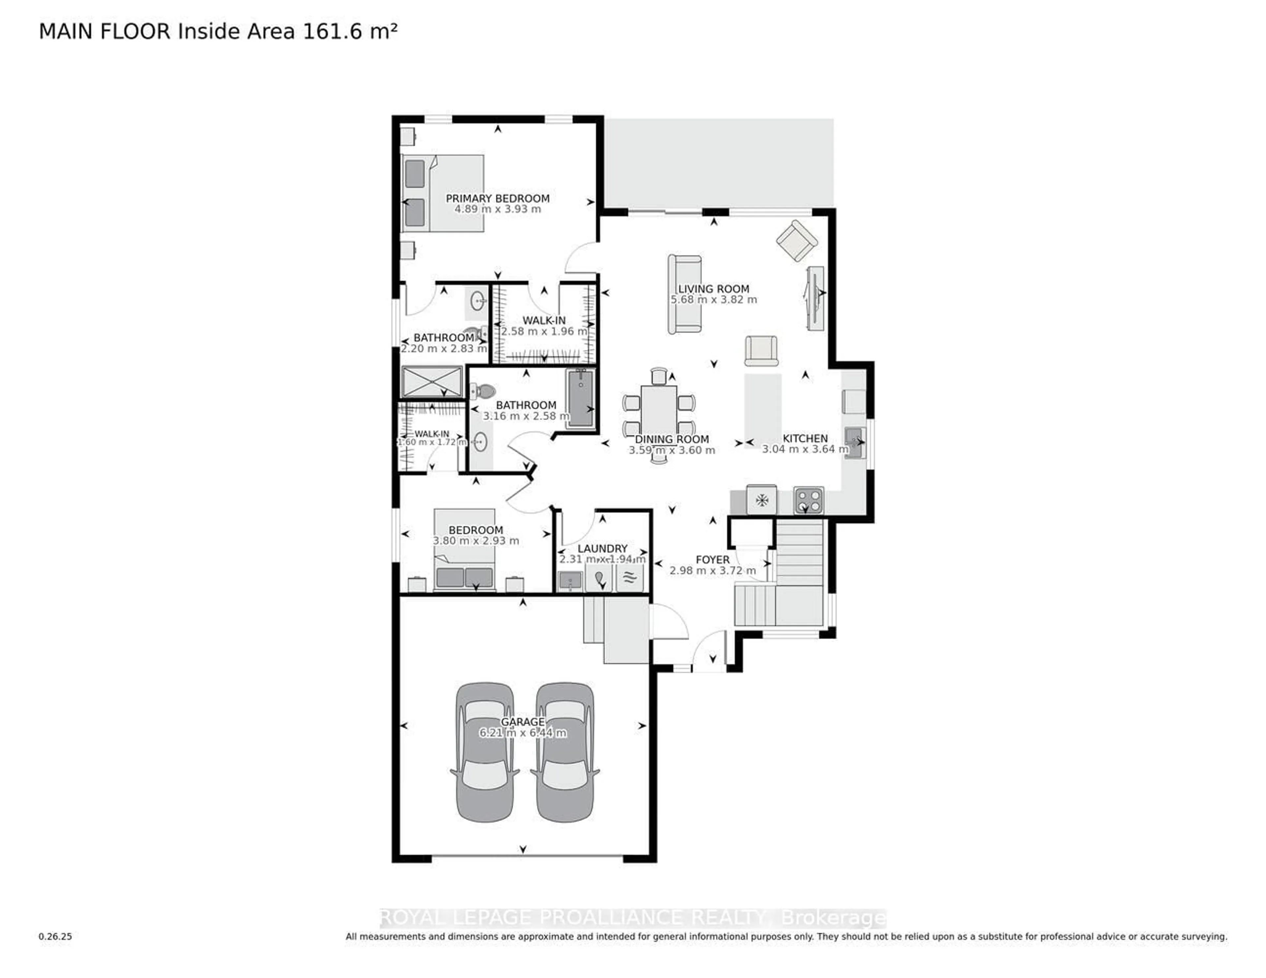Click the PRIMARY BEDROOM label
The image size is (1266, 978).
tap(497, 198)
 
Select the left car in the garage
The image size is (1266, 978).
tap(485, 752)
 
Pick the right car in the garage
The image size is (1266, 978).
tap(565, 752)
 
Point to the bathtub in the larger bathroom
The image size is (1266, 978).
tap(580, 399)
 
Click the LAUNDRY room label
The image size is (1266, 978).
tap(602, 548)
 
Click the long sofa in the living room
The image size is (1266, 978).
tap(684, 294)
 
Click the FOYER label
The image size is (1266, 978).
tap(712, 560)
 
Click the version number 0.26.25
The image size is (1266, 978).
tap(56, 936)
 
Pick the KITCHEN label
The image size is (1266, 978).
tap(805, 439)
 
